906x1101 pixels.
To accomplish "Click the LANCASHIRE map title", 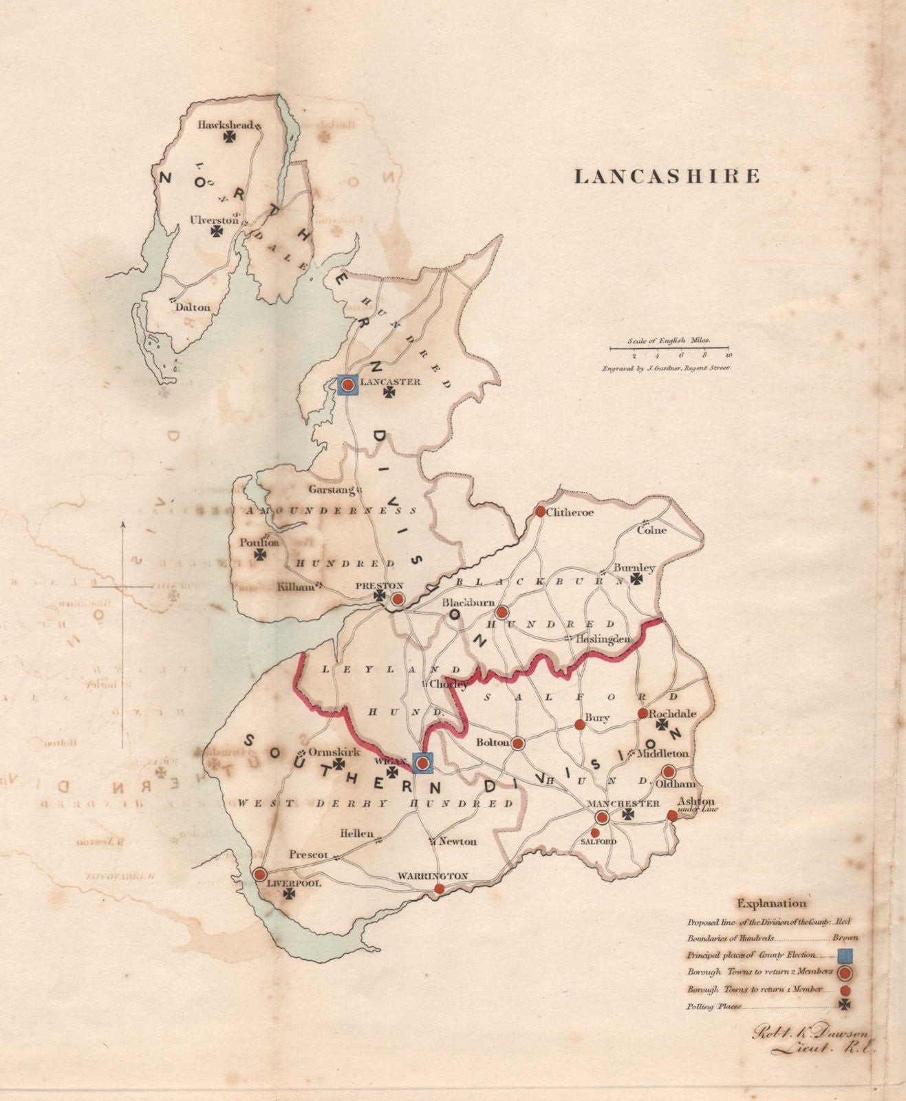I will coord(667,176).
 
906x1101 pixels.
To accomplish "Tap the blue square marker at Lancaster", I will coord(349,385).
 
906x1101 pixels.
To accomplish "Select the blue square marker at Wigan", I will coord(423,762).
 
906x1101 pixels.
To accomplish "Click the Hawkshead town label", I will coord(225,125).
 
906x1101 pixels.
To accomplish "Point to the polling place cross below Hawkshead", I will coord(229,137).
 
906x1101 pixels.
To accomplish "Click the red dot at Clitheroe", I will coord(540,511).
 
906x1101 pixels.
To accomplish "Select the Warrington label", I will coord(433,876).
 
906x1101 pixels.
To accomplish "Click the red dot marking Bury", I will coord(579,725).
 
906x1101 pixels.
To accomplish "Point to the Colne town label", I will coord(651,530).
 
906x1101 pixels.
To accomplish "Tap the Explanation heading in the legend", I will coord(772,904).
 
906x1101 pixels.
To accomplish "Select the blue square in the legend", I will coord(845,955).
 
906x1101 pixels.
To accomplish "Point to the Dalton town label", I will coord(193,307).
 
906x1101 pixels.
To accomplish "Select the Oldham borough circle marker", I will coord(669,771).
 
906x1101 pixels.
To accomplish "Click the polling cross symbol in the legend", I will coord(845,1005).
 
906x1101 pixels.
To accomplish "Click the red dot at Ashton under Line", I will coord(672,815).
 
